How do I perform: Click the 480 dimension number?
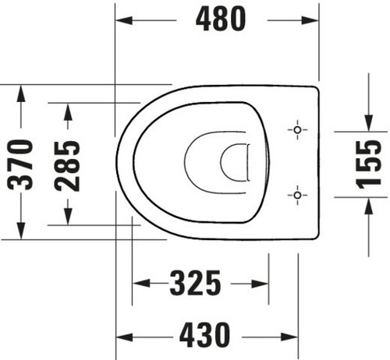point(221,19)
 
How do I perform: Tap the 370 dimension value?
point(20,165)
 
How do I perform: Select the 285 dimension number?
point(67,166)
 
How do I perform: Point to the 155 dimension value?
point(368,164)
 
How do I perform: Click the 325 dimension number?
point(195,283)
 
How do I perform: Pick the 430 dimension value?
point(205,335)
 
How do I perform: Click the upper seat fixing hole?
point(298,129)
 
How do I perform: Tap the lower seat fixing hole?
point(298,195)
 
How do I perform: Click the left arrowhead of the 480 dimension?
point(124,20)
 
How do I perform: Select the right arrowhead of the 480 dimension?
point(310,20)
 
